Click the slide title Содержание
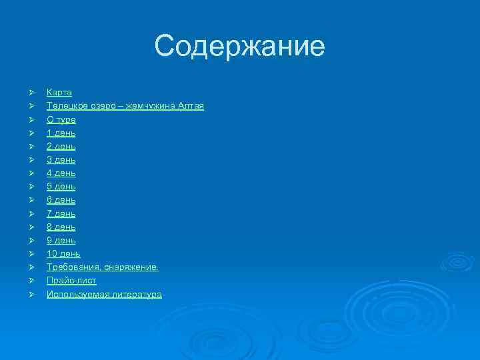(240, 47)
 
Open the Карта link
(59, 93)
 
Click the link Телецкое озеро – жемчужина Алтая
(125, 106)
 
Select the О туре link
(61, 119)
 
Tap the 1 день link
(61, 133)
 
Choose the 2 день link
(61, 146)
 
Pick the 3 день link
(61, 160)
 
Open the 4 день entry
(61, 173)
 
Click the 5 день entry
(61, 187)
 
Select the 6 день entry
(61, 200)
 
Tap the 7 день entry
(61, 213)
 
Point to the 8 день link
(61, 227)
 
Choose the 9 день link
(61, 240)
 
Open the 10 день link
(63, 254)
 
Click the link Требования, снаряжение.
(103, 267)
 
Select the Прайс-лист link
(71, 281)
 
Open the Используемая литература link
(104, 294)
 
